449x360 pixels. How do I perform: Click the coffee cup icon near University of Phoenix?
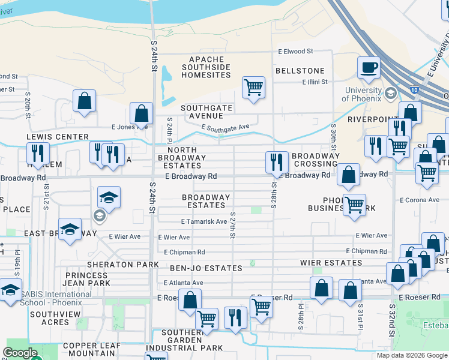tap(369, 67)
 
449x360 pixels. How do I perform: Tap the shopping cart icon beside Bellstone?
tap(253, 86)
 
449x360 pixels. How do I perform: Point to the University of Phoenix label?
tap(362, 94)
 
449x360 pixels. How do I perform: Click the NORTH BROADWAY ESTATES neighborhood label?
tap(186, 158)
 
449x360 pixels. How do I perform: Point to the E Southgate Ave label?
tap(225, 127)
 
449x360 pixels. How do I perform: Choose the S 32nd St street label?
tap(391, 316)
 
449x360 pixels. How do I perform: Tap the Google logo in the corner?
tap(20, 353)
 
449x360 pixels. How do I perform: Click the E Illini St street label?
tap(315, 82)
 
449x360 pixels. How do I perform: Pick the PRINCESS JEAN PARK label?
tap(87, 279)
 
